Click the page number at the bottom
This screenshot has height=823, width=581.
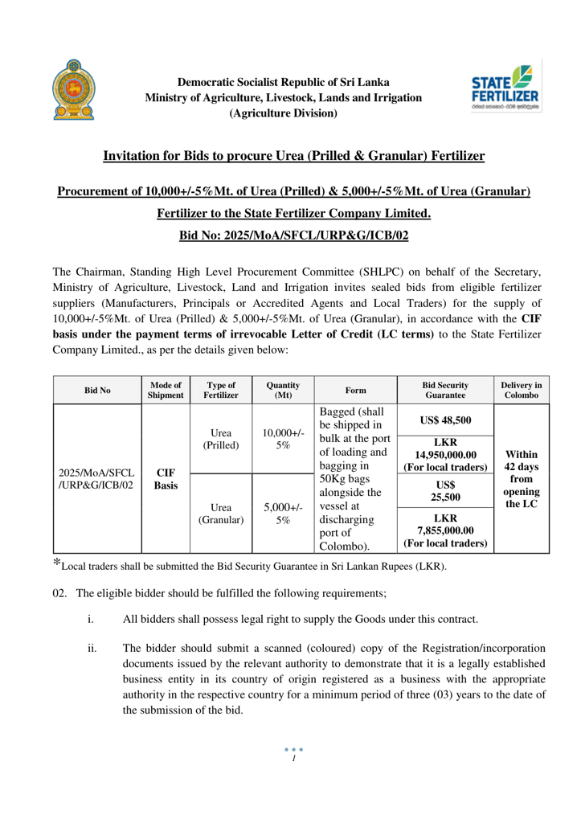(290, 794)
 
